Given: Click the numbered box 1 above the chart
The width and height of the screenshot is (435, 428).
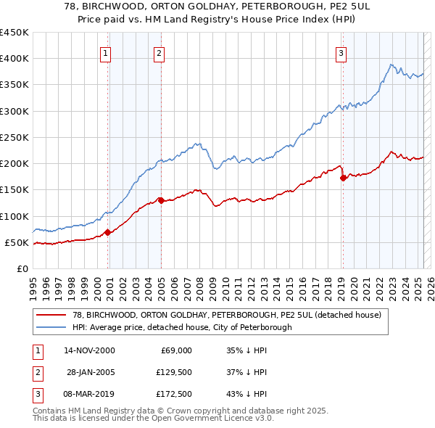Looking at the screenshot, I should pos(106,52).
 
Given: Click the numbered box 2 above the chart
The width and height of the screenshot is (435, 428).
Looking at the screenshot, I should pos(159,52).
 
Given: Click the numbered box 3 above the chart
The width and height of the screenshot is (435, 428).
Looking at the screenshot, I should pos(340,52).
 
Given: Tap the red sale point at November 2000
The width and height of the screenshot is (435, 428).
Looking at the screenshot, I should pos(107,232).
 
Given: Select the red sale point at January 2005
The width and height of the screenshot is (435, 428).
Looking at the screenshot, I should pos(161,200).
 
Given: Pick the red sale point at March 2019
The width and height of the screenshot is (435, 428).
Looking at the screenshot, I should pos(343,178).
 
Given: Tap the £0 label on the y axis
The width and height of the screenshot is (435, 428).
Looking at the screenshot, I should pos(22,268).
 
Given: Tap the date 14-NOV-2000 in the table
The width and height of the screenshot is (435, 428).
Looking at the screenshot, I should pos(89,350).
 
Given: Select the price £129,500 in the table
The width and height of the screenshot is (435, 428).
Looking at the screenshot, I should pos(175,372).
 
